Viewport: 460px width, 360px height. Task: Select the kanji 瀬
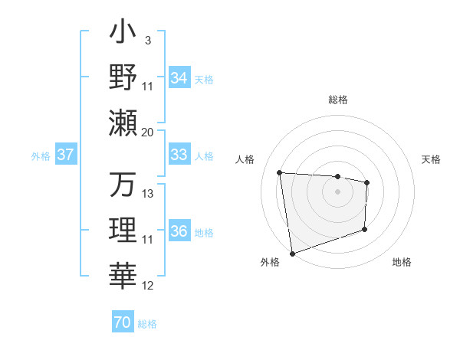coord(123,122)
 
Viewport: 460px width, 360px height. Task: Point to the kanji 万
coord(123,185)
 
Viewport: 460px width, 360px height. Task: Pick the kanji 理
coord(123,230)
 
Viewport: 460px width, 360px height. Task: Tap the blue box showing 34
coord(179,77)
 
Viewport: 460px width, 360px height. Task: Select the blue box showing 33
coord(179,155)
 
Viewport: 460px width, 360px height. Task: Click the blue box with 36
coord(179,231)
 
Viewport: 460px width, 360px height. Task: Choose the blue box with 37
coord(65,155)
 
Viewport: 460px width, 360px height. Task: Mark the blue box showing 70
coord(122,322)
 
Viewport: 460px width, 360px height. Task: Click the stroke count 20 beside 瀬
coord(148,133)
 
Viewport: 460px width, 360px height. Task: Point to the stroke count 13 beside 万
coord(148,195)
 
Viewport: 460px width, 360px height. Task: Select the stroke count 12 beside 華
coord(148,286)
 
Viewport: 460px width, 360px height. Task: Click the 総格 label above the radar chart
coord(337,100)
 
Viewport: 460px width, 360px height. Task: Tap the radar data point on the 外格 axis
coord(291,253)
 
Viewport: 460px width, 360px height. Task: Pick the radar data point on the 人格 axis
coord(280,172)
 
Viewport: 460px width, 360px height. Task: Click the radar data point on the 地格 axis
coord(364,230)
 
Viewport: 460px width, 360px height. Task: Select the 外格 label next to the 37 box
coord(40,156)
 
